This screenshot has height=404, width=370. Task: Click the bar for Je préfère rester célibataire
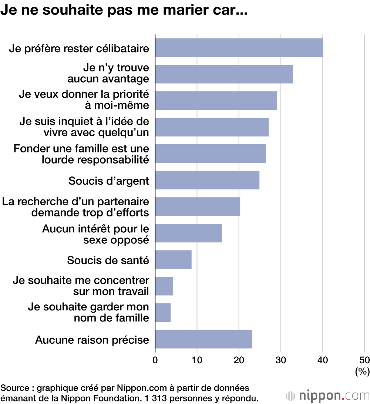(x=239, y=48)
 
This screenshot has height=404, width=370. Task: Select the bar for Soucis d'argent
(x=207, y=180)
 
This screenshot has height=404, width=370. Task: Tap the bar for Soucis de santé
(x=173, y=260)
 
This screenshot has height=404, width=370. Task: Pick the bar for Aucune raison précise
(x=203, y=339)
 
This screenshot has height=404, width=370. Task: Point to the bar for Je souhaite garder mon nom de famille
(x=163, y=313)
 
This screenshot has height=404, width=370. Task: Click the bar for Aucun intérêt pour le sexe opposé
(x=188, y=233)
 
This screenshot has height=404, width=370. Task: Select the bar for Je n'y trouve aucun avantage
(x=224, y=74)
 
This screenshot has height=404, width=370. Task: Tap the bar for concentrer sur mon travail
(x=164, y=286)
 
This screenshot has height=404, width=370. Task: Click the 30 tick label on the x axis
(x=281, y=360)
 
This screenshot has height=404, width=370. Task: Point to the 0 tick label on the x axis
(x=155, y=360)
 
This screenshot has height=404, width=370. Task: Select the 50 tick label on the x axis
(x=364, y=360)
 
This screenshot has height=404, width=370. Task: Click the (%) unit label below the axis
(x=362, y=371)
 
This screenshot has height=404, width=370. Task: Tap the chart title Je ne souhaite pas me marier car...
(x=124, y=10)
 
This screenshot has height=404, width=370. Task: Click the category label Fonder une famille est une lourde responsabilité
(x=81, y=154)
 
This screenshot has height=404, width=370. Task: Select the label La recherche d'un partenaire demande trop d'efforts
(x=75, y=207)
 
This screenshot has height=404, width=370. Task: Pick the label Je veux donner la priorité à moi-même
(x=84, y=100)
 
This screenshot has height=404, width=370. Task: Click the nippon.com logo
(x=327, y=395)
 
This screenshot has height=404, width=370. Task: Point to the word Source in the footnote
(x=15, y=388)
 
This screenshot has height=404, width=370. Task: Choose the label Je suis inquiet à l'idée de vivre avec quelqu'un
(x=84, y=127)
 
